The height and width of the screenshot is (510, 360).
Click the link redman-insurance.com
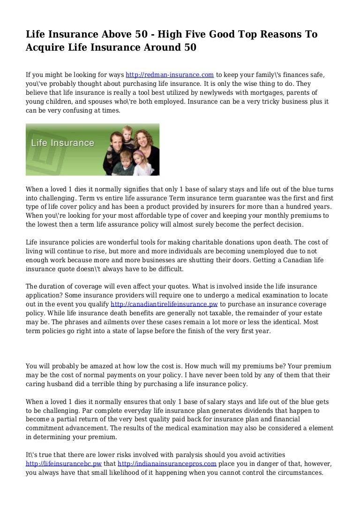(x=170, y=75)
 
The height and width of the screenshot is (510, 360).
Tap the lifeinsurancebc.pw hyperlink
(x=64, y=464)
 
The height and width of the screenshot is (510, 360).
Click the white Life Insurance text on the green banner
(x=62, y=143)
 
